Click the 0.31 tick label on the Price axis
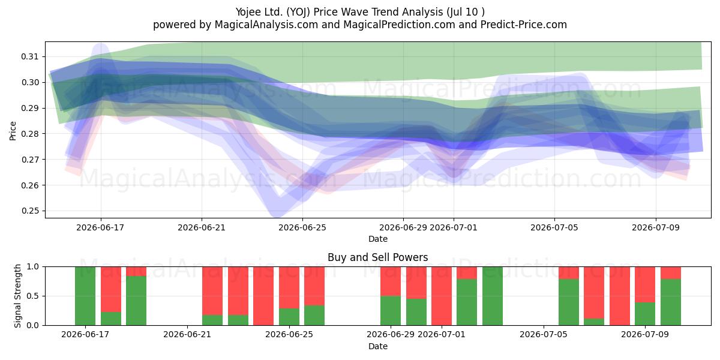[x=29, y=56]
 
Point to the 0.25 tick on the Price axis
[x=29, y=211]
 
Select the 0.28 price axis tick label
[x=29, y=134]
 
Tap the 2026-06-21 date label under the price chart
[x=202, y=227]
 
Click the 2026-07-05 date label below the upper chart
[x=554, y=227]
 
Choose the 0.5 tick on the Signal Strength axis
[x=32, y=296]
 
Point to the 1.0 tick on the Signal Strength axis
[x=32, y=266]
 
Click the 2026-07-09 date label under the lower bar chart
[x=645, y=334]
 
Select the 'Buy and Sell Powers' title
[x=377, y=257]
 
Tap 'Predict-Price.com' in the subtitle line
[x=524, y=25]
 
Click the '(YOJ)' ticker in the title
[x=298, y=12]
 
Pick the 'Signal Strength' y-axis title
[x=17, y=296]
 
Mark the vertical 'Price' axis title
[x=13, y=131]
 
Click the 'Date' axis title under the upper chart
[x=377, y=239]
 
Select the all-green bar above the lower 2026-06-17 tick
[x=85, y=296]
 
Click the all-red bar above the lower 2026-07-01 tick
[x=442, y=296]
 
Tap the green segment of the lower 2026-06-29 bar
[x=391, y=311]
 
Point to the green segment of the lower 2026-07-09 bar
[x=645, y=314]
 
